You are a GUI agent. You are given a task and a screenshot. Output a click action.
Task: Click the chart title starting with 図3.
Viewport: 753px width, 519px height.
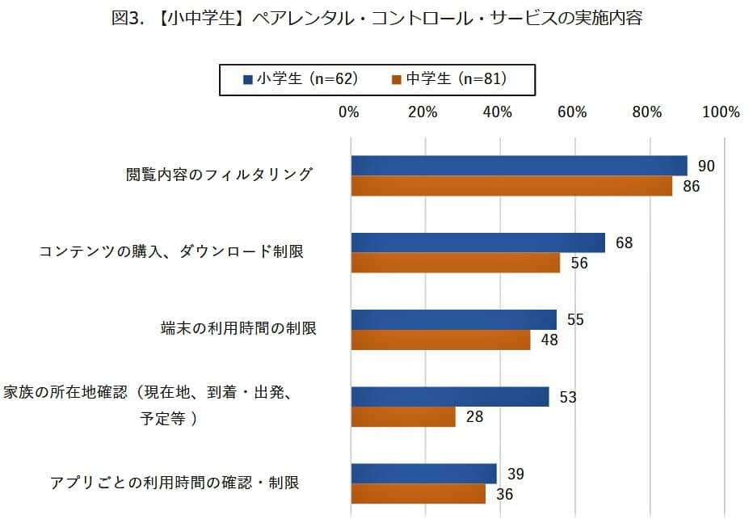pyautogui.click(x=376, y=19)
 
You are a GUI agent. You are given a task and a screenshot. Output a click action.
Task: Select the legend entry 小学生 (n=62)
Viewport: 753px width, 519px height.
pyautogui.click(x=301, y=78)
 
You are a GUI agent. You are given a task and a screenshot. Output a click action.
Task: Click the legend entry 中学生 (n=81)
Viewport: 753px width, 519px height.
pyautogui.click(x=450, y=78)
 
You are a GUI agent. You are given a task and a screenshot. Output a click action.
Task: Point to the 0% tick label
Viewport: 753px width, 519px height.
pyautogui.click(x=348, y=112)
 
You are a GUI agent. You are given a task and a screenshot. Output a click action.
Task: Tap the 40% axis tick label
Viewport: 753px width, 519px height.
pyautogui.click(x=498, y=112)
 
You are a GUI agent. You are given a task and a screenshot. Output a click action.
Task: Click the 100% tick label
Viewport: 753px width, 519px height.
pyautogui.click(x=721, y=112)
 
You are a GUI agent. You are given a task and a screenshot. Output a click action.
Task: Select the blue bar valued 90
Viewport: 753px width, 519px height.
pyautogui.click(x=519, y=166)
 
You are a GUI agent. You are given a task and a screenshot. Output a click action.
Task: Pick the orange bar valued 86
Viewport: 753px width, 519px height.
pyautogui.click(x=511, y=186)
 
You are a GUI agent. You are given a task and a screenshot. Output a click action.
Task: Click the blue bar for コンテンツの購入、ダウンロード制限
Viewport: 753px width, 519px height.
pyautogui.click(x=477, y=243)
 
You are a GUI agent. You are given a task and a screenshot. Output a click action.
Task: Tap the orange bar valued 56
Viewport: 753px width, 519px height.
pyautogui.click(x=456, y=263)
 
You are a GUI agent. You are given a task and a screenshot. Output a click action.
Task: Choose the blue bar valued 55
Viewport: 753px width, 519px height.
pyautogui.click(x=453, y=319)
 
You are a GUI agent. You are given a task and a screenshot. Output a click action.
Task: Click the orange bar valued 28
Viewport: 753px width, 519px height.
pyautogui.click(x=403, y=416)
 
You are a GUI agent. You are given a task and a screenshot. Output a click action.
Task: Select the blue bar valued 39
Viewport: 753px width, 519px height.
pyautogui.click(x=423, y=474)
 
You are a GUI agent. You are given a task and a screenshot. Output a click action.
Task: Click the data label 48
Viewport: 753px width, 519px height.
pyautogui.click(x=549, y=340)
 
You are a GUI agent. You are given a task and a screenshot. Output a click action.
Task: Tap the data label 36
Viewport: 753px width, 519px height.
pyautogui.click(x=505, y=494)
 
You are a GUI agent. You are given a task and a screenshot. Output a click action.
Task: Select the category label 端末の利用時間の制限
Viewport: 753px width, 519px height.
pyautogui.click(x=238, y=329)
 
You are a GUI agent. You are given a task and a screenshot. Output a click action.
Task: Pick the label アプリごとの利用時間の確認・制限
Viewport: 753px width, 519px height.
pyautogui.click(x=175, y=483)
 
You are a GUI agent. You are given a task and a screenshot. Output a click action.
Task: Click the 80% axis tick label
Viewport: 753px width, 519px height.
pyautogui.click(x=647, y=112)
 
